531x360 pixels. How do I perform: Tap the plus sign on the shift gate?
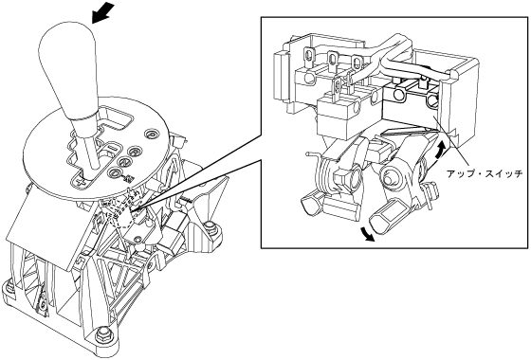[81, 183]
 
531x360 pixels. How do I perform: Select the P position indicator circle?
[151, 135]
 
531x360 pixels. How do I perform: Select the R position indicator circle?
[136, 151]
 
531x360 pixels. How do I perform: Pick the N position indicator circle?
[125, 162]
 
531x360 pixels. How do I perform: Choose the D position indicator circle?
[116, 172]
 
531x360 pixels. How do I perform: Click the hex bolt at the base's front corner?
[103, 334]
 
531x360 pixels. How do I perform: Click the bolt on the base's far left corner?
[9, 286]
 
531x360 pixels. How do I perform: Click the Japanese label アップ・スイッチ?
[485, 174]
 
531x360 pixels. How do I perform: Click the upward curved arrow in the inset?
[439, 148]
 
